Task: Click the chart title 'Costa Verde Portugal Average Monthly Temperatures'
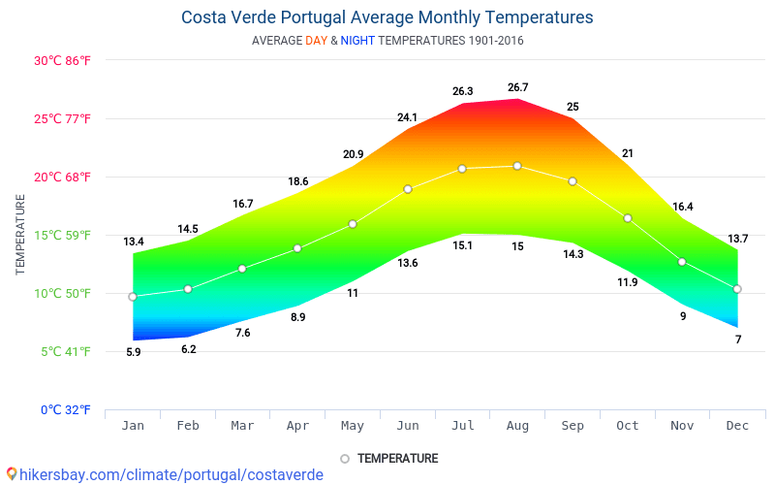click(x=387, y=17)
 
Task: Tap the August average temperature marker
click(x=517, y=166)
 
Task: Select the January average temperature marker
click(x=133, y=297)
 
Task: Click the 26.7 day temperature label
click(x=517, y=88)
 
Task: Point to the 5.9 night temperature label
click(x=133, y=352)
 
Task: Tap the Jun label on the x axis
click(x=408, y=426)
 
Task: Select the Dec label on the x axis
click(x=737, y=426)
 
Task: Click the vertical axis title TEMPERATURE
click(x=20, y=235)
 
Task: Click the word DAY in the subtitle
click(x=316, y=41)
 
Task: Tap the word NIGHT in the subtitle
click(x=357, y=41)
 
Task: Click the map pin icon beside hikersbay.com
click(x=12, y=474)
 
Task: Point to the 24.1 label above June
click(x=407, y=118)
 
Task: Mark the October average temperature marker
click(x=628, y=218)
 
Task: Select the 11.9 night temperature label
click(x=628, y=282)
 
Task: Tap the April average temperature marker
click(x=297, y=248)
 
